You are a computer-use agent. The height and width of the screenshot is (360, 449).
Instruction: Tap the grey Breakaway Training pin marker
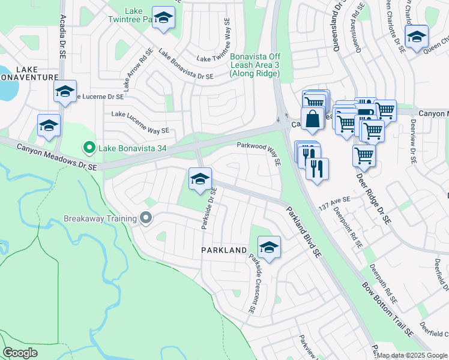pyautogui.click(x=146, y=218)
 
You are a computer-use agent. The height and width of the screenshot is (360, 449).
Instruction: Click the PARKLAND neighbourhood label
pyautogui.click(x=224, y=250)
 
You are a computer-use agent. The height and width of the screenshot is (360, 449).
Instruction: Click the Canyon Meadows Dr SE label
pyautogui.click(x=56, y=157)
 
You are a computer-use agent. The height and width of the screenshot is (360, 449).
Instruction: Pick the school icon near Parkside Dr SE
pyautogui.click(x=200, y=179)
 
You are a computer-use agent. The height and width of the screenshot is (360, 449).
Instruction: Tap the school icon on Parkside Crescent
pyautogui.click(x=270, y=247)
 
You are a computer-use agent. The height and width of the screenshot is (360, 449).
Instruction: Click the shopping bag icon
pyautogui.click(x=312, y=119)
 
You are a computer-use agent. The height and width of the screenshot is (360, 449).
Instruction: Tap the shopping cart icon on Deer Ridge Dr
pyautogui.click(x=364, y=155)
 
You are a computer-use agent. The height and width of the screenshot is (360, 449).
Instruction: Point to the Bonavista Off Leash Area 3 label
pyautogui.click(x=255, y=65)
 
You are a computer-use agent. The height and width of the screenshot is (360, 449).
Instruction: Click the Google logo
pyautogui.click(x=20, y=353)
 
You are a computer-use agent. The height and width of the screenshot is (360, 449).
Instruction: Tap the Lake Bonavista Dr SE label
pyautogui.click(x=186, y=65)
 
